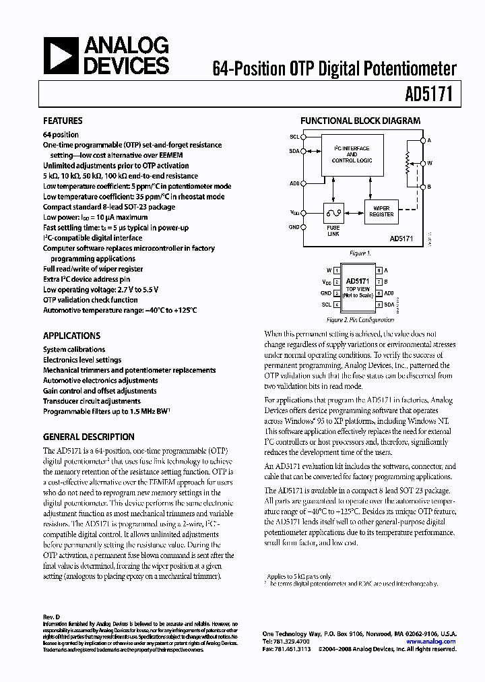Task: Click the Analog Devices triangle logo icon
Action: click(x=61, y=55)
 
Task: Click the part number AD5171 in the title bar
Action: click(x=437, y=96)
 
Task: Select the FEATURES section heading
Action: click(x=63, y=121)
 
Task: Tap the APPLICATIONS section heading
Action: click(x=71, y=336)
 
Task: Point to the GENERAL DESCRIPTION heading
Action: click(x=88, y=437)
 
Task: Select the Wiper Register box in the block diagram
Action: click(x=381, y=210)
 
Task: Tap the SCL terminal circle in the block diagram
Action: click(x=303, y=137)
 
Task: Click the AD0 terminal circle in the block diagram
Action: click(x=303, y=183)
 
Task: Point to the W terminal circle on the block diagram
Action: click(x=423, y=162)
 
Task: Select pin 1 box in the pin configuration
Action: click(x=336, y=270)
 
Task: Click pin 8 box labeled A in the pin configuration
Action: click(x=380, y=270)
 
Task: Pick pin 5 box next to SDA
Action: click(x=380, y=305)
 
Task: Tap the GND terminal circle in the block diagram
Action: click(x=303, y=227)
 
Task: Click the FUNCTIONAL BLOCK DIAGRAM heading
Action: click(x=360, y=121)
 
